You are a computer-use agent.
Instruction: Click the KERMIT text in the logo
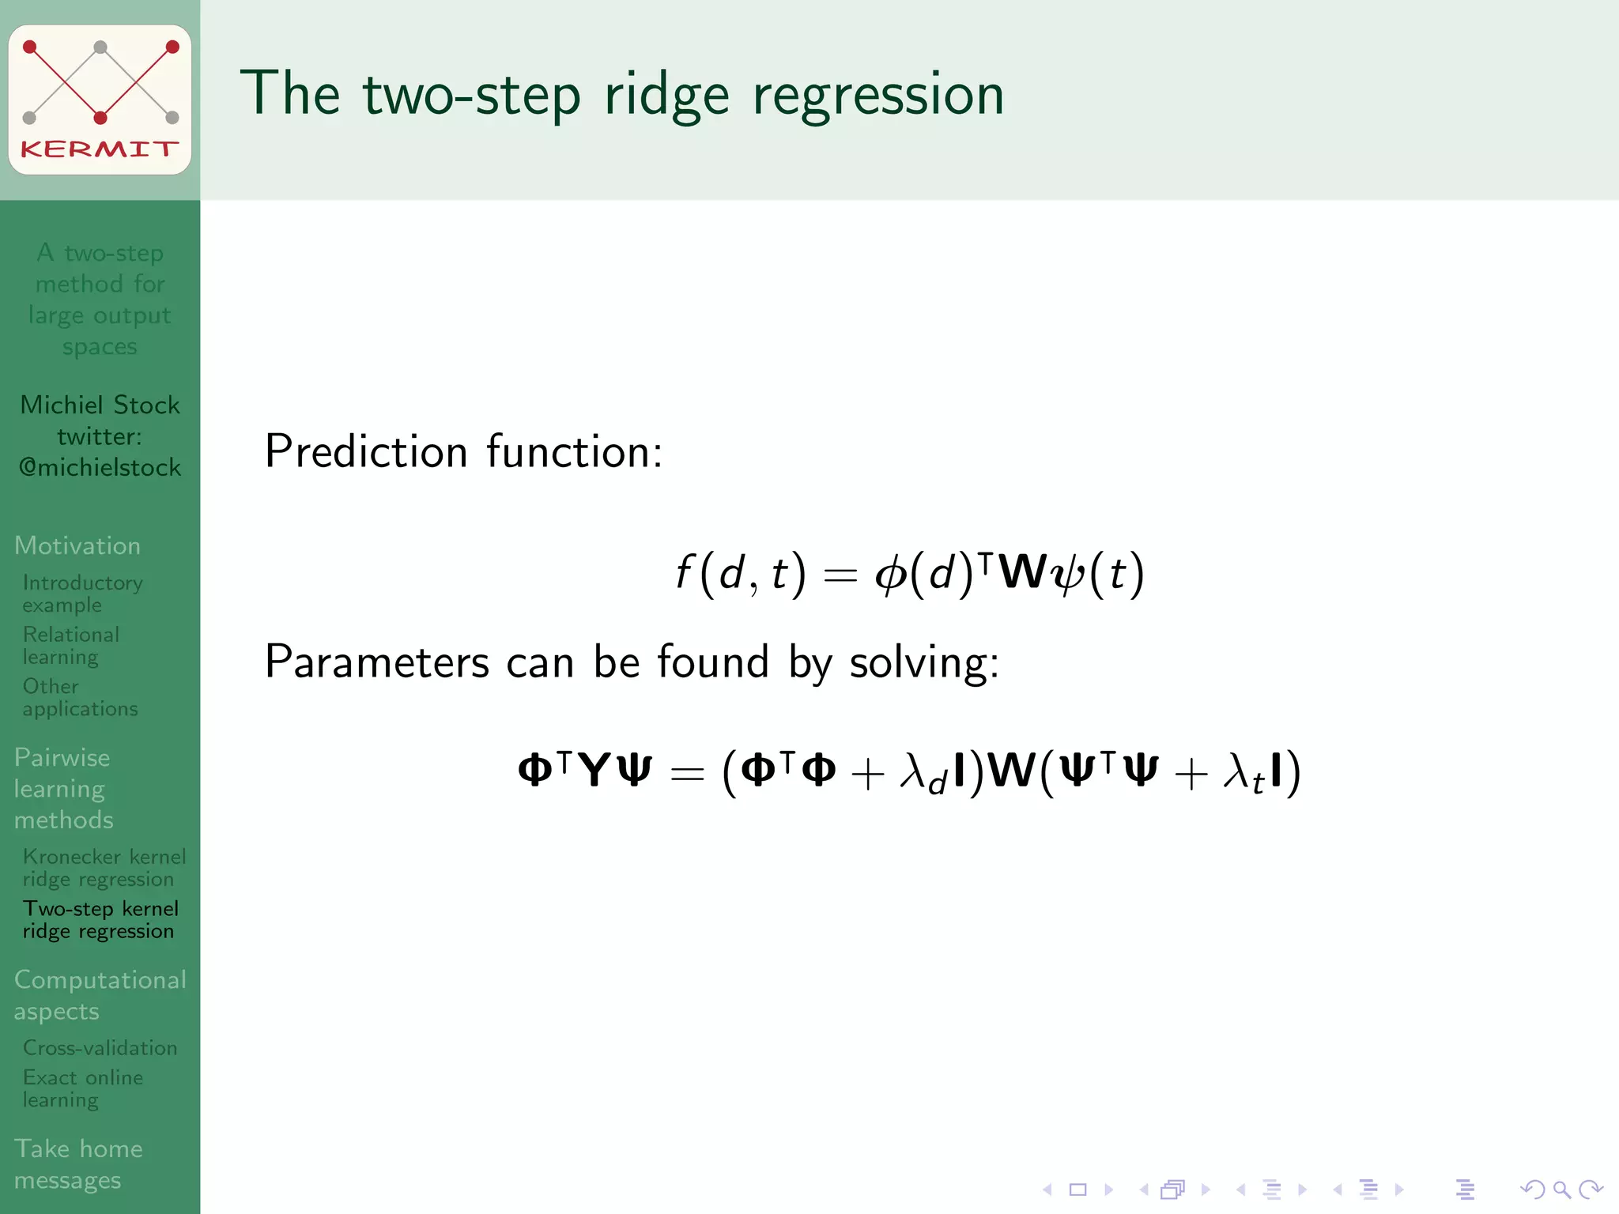pyautogui.click(x=100, y=149)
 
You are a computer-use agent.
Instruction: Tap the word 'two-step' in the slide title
pyautogui.click(x=471, y=95)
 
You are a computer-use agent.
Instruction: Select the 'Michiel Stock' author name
pyautogui.click(x=100, y=405)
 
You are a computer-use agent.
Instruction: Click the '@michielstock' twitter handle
pyautogui.click(x=100, y=468)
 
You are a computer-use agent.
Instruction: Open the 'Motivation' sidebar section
pyautogui.click(x=77, y=545)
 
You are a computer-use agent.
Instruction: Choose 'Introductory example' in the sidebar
pyautogui.click(x=82, y=594)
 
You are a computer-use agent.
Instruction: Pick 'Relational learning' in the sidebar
pyautogui.click(x=71, y=646)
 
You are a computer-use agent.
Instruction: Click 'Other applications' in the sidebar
pyautogui.click(x=79, y=697)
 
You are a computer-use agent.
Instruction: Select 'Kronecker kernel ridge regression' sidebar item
pyautogui.click(x=103, y=868)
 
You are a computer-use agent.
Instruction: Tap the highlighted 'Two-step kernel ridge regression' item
pyautogui.click(x=100, y=920)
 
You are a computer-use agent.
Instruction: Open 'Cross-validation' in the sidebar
pyautogui.click(x=100, y=1048)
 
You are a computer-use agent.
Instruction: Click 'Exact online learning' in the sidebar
pyautogui.click(x=82, y=1088)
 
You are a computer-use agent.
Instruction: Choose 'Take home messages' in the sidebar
pyautogui.click(x=77, y=1163)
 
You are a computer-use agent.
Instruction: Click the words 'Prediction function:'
pyautogui.click(x=463, y=452)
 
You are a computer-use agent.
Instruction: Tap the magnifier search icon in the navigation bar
pyautogui.click(x=1561, y=1189)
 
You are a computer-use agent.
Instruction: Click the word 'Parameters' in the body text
pyautogui.click(x=376, y=662)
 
